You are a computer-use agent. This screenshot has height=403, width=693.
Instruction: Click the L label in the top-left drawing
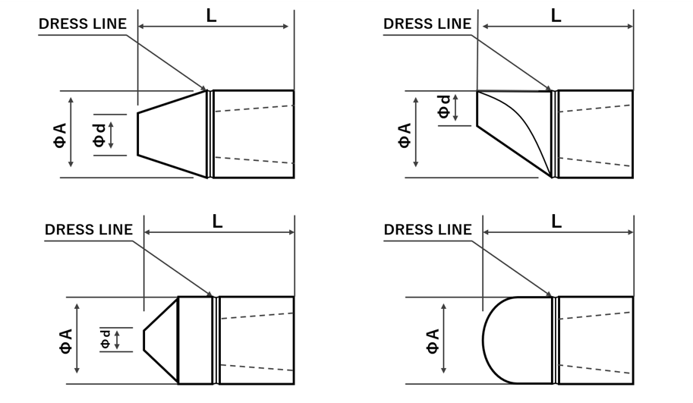click(211, 16)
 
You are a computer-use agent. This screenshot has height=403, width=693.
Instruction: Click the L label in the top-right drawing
click(556, 16)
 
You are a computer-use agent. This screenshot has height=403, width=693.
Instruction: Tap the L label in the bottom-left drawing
click(217, 222)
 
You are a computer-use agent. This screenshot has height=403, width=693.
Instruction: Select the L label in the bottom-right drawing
click(556, 222)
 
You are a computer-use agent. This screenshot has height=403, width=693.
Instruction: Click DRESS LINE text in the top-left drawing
click(83, 24)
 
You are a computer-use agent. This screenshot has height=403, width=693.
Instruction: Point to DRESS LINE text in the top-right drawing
click(427, 24)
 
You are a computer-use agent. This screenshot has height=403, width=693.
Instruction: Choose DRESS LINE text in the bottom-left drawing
click(89, 230)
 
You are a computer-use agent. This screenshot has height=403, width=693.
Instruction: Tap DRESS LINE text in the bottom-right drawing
click(428, 230)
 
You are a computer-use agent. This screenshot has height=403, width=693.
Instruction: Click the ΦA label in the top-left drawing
click(60, 135)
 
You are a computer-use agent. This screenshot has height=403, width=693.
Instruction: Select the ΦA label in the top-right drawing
click(405, 135)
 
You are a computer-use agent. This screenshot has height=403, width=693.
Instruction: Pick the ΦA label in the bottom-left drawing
click(66, 341)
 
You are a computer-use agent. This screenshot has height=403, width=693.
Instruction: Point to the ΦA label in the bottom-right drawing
click(433, 342)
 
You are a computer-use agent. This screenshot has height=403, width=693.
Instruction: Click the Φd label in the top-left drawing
click(100, 135)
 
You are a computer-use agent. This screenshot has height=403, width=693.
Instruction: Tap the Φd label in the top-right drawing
click(444, 106)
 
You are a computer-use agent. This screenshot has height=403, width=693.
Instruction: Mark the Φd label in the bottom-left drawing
click(106, 339)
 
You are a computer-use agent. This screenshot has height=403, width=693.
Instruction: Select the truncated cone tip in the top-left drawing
click(172, 134)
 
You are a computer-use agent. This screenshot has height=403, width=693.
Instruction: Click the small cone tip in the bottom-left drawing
click(161, 340)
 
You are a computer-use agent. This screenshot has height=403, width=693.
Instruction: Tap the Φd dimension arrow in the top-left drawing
click(111, 135)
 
